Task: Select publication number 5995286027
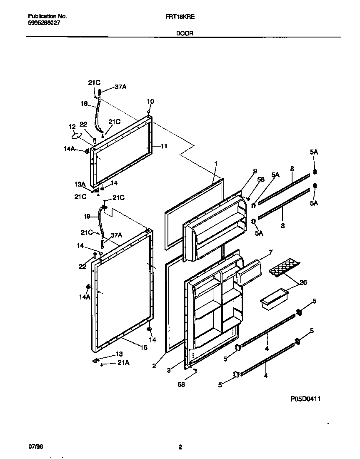point(44,23)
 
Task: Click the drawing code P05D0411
point(306,399)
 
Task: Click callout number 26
point(303,283)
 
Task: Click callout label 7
point(270,252)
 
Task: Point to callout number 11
point(164,146)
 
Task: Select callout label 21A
point(124,363)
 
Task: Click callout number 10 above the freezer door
point(150,101)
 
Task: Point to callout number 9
point(255,171)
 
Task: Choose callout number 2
point(154,366)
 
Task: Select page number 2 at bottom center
point(180,448)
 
